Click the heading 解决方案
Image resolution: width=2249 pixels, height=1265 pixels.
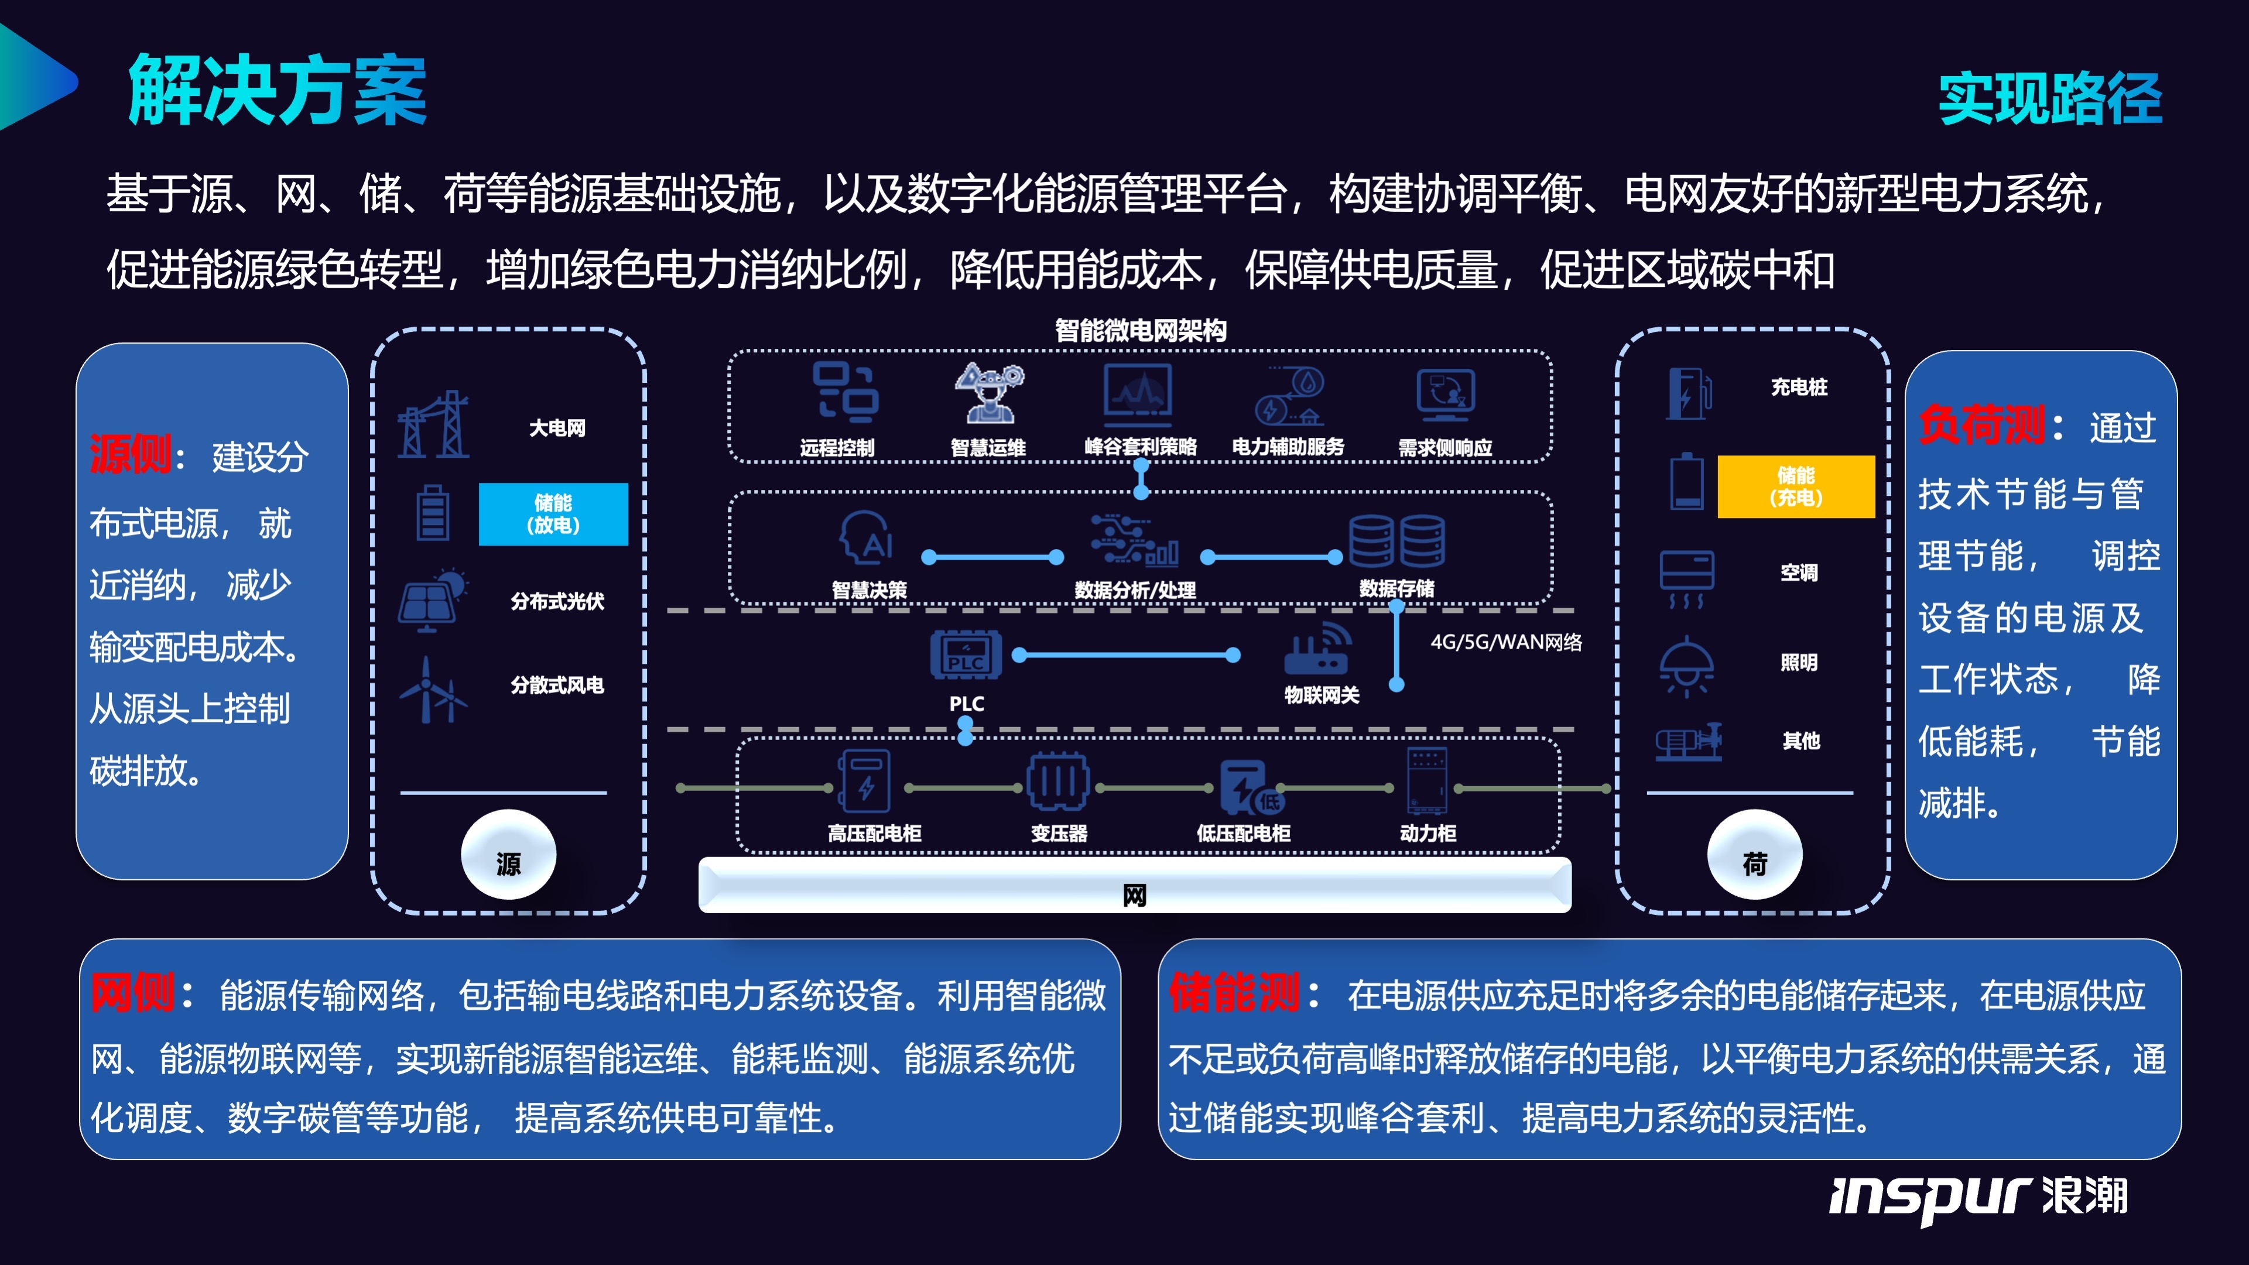277,90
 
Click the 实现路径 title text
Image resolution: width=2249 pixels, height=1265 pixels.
2049,98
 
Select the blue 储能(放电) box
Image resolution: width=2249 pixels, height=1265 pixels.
553,514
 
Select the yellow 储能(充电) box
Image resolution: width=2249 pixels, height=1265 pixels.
1795,486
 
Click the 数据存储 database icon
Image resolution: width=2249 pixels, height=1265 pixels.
1397,541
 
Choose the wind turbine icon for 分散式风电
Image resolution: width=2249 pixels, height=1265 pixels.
430,691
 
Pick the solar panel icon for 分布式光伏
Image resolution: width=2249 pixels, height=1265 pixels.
432,600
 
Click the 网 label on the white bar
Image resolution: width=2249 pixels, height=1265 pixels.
1134,895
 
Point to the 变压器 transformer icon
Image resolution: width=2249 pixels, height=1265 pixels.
1057,781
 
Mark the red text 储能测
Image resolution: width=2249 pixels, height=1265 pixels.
1234,993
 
